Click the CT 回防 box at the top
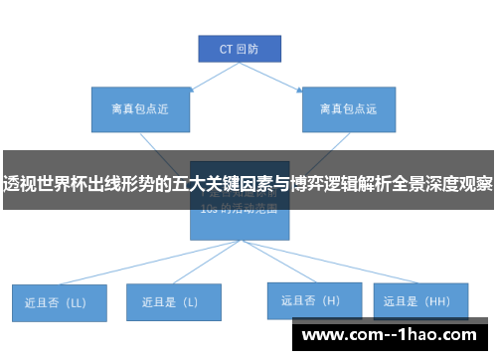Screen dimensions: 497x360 pos(238,47)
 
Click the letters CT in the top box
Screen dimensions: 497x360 pos(226,47)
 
